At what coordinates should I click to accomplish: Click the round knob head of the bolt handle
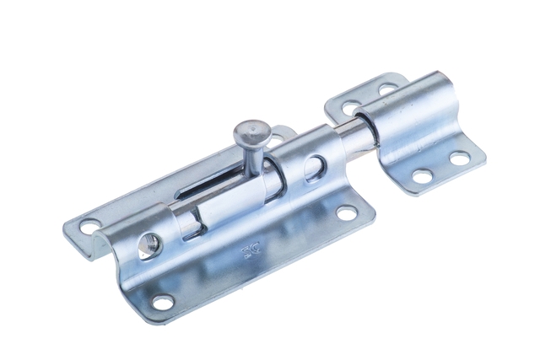pyautogui.click(x=251, y=132)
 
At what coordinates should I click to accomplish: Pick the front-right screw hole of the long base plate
pyautogui.click(x=347, y=214)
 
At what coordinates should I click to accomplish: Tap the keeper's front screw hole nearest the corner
pyautogui.click(x=461, y=158)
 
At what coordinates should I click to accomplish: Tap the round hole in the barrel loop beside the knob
pyautogui.click(x=314, y=166)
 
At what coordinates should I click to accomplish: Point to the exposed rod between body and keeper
pyautogui.click(x=354, y=136)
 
